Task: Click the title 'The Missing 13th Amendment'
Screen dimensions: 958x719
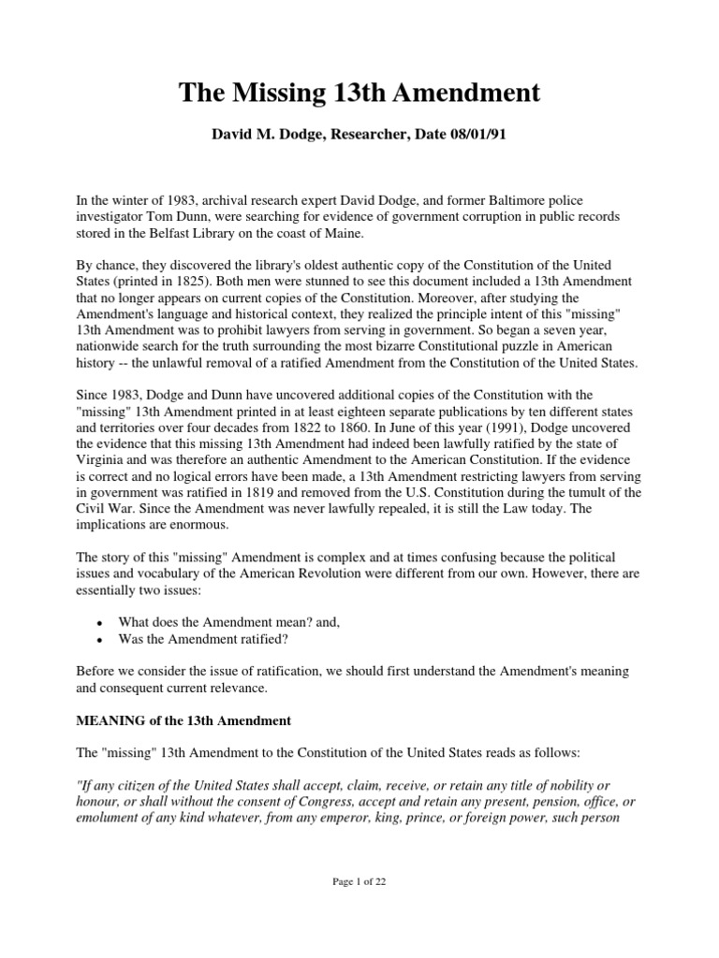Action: point(359,93)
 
